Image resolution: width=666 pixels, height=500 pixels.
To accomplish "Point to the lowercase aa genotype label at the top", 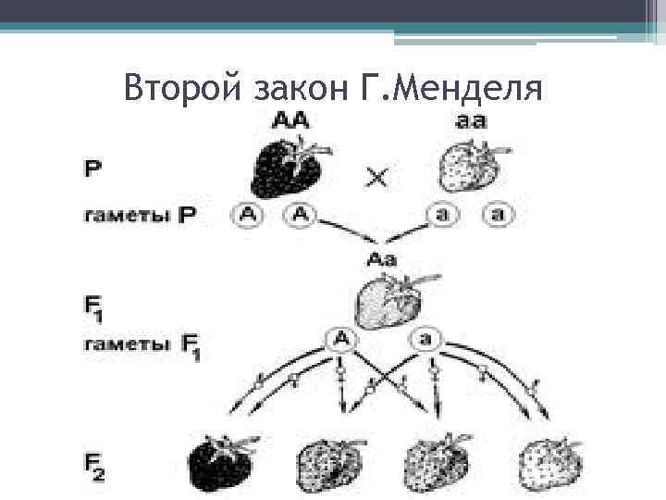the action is (x=472, y=120).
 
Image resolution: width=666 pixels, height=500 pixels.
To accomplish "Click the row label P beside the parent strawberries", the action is (x=92, y=170).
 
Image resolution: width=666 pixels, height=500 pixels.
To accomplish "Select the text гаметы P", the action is (x=140, y=215).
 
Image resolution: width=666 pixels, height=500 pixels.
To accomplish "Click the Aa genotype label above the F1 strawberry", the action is (x=381, y=259).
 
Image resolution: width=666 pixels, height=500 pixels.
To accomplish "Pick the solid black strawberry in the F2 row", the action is (x=222, y=459).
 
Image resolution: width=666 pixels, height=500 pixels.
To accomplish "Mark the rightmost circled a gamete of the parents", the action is (x=498, y=215).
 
